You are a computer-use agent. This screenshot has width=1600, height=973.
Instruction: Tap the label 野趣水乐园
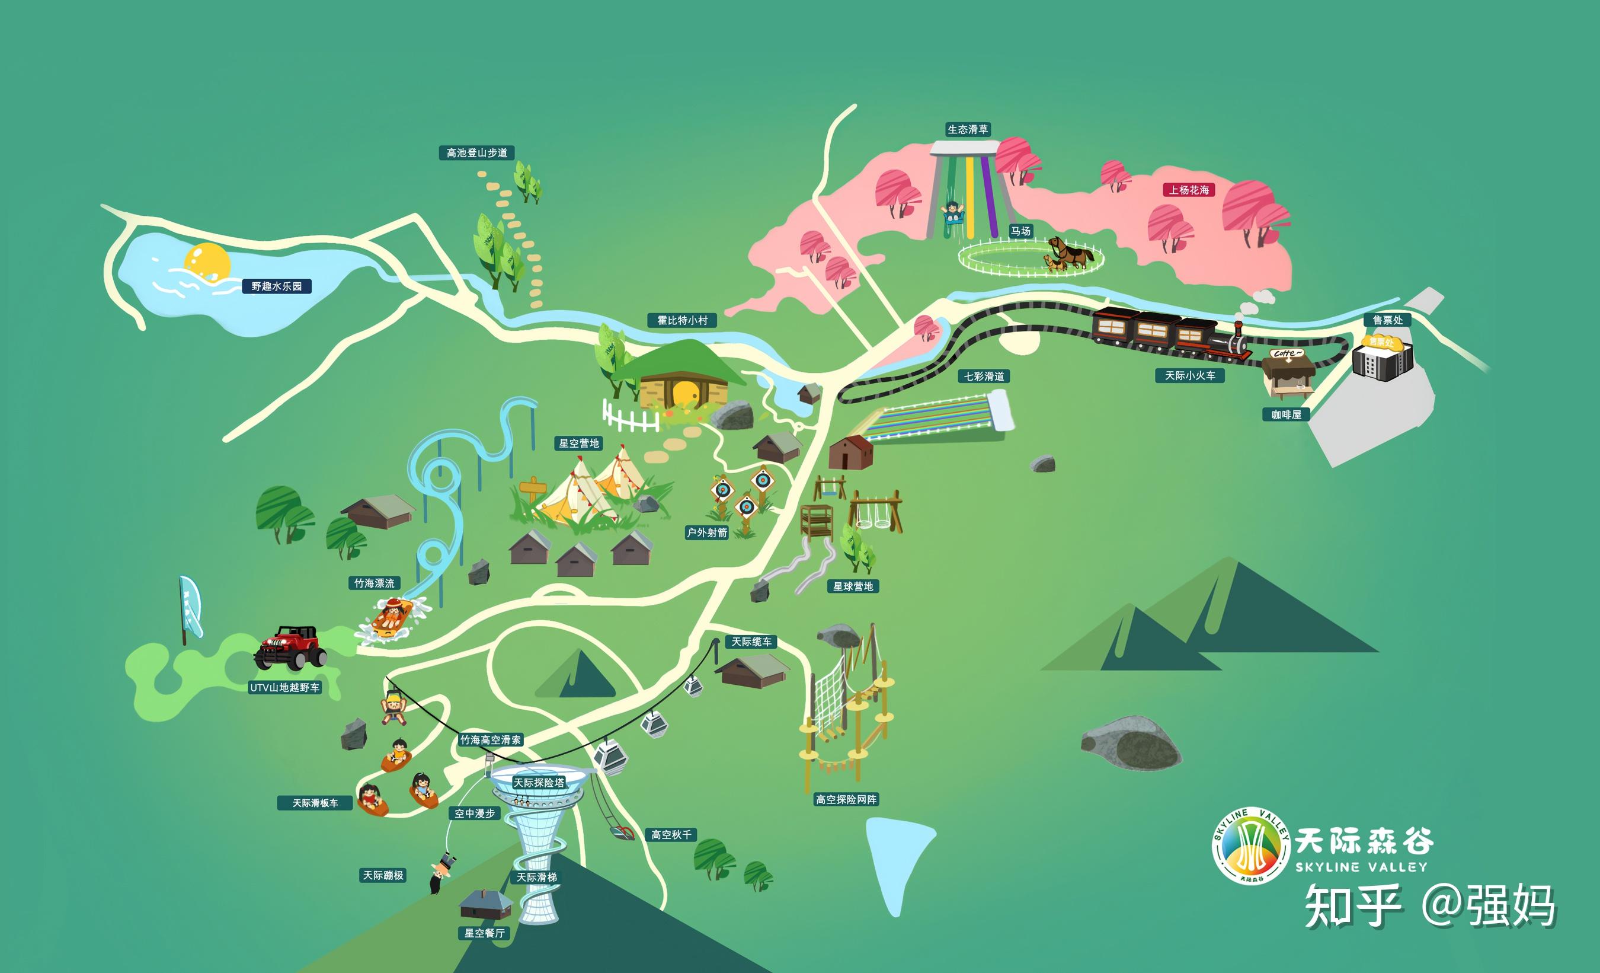click(277, 286)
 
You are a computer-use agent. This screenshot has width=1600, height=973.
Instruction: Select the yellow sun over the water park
click(207, 263)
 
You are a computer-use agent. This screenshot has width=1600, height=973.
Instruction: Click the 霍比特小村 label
click(682, 320)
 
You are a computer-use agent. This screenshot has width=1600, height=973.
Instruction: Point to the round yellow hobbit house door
click(684, 394)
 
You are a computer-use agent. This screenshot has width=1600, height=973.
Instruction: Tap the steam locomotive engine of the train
click(1229, 343)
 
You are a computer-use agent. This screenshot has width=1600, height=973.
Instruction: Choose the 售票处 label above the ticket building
click(1388, 320)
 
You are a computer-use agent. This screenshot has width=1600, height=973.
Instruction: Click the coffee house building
click(1287, 374)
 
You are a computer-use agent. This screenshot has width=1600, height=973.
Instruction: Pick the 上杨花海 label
click(1189, 190)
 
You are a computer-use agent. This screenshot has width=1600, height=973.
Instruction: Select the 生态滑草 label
click(968, 130)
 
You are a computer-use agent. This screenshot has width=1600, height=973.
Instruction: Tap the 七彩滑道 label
click(984, 376)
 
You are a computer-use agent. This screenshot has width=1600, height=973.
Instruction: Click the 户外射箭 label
click(707, 532)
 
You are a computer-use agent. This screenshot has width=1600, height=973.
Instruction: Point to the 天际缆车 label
click(751, 642)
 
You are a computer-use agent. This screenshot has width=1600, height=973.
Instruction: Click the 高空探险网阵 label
click(846, 800)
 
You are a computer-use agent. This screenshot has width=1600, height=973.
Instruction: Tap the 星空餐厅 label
click(484, 933)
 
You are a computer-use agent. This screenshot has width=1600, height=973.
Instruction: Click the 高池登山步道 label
click(476, 154)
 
